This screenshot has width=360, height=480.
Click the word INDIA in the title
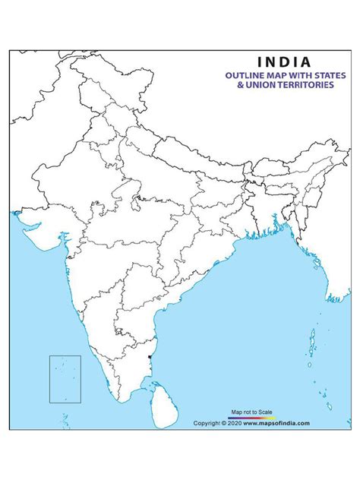point(284,62)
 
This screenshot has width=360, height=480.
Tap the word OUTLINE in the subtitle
point(244,75)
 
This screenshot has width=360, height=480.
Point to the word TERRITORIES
point(315,85)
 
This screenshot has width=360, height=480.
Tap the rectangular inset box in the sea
point(65,378)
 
